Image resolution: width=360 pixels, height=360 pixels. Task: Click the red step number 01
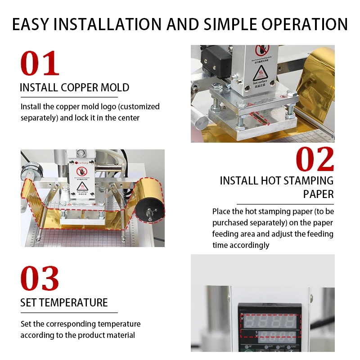(40, 64)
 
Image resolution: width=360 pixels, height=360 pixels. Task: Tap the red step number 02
(315, 160)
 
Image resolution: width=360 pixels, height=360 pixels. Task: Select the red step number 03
(40, 279)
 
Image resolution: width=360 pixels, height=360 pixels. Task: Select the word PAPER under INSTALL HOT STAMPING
(318, 194)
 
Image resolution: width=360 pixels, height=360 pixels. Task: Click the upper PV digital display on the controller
(269, 321)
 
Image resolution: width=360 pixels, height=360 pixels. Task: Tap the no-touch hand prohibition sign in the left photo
(81, 171)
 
